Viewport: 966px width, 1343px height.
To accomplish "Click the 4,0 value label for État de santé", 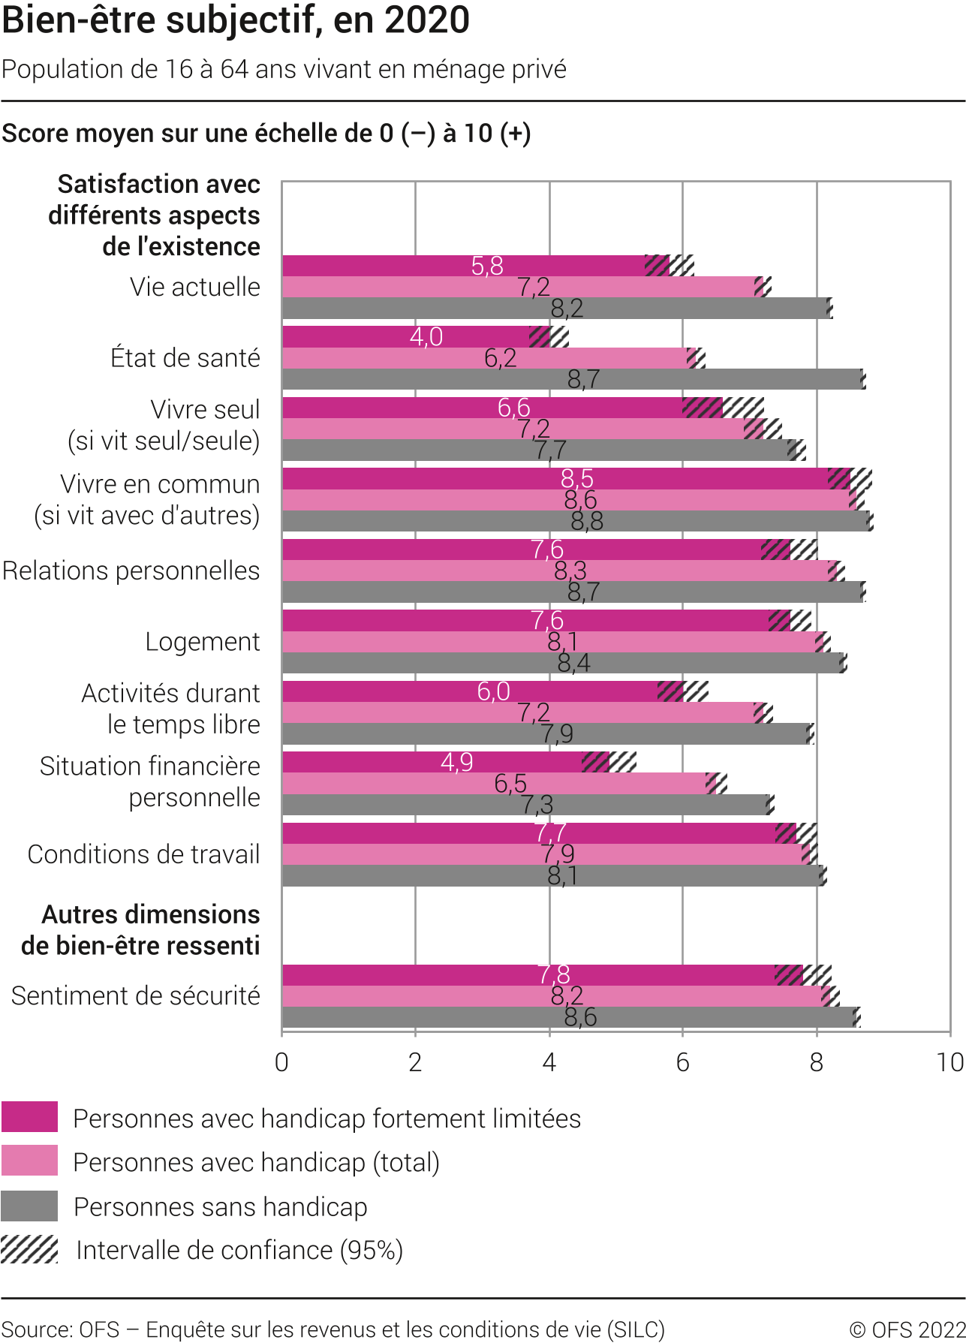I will coord(426,337).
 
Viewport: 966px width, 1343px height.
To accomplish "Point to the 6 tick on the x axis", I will coord(682,1062).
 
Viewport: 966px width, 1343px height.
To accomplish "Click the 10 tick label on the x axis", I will coord(949,1062).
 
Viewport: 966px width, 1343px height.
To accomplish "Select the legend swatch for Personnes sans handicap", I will coord(29,1206).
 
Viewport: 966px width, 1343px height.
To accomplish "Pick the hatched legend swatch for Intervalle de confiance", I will coord(29,1250).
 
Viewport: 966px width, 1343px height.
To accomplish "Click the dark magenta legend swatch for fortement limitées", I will coord(29,1117).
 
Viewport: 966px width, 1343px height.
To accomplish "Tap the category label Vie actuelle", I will coord(194,287).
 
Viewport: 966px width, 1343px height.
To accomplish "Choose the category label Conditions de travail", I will coord(143,854).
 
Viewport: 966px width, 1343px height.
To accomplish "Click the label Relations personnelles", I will coord(131,571).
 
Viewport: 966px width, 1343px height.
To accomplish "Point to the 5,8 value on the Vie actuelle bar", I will coord(487,266).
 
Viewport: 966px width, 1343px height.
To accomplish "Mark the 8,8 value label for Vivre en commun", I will coord(587,521).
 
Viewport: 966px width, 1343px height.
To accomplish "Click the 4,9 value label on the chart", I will coord(457,763).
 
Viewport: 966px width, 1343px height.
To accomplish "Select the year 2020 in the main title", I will coord(428,20).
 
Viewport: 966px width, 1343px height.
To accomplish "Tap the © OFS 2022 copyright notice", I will coord(907,1329).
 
